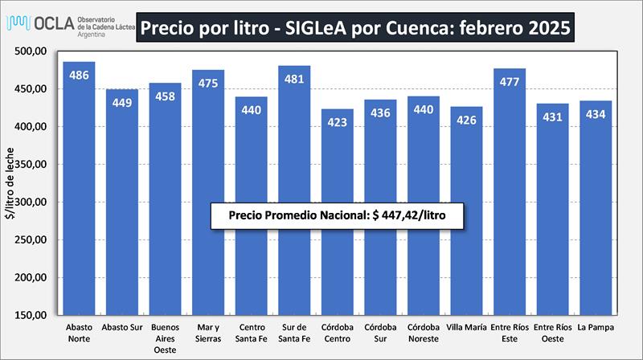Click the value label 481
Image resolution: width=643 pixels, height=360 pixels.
(294, 80)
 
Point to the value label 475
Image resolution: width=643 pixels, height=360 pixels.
(208, 84)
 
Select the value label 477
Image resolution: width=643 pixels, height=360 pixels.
(510, 82)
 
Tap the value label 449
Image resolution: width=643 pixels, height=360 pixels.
(122, 103)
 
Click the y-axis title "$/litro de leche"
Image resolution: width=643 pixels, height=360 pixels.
(10, 183)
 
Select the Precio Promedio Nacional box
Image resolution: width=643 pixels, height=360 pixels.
(338, 216)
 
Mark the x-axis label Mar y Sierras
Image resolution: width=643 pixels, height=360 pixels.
(208, 333)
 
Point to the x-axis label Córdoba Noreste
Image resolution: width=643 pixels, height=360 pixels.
(423, 333)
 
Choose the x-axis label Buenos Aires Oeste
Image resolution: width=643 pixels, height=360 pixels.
(165, 337)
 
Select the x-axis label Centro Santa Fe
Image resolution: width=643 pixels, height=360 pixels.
(251, 333)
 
